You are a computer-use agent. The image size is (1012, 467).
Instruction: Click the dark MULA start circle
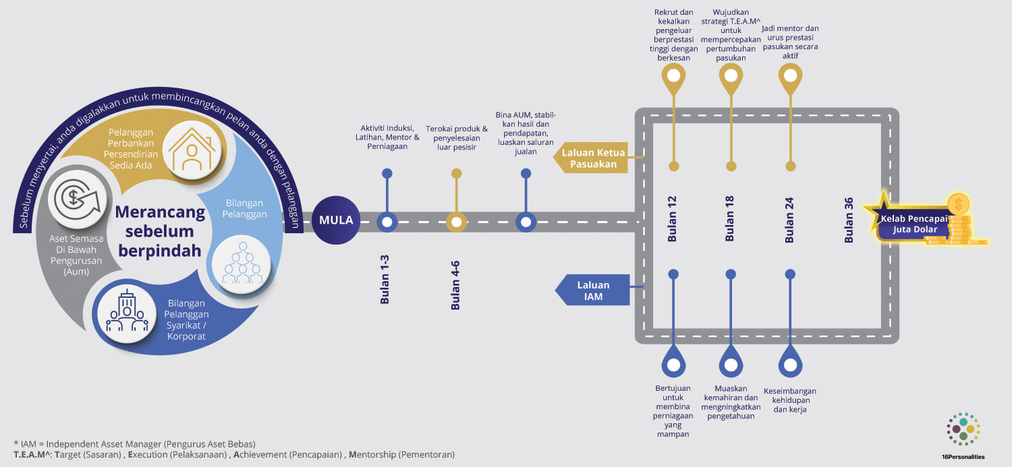coord(336,220)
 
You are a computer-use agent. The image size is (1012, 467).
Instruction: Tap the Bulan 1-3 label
coord(385,279)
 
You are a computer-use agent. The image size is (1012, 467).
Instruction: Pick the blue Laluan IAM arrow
coord(593,290)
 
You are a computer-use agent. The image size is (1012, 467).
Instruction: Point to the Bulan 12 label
coord(672,218)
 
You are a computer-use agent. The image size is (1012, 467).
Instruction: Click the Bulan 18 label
coord(729,218)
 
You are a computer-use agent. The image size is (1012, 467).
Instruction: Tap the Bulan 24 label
coord(789,218)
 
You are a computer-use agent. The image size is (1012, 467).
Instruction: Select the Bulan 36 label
coord(849,220)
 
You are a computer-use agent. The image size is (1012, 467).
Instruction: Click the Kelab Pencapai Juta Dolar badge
coord(912,224)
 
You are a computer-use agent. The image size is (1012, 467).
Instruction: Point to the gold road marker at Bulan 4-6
coord(456,221)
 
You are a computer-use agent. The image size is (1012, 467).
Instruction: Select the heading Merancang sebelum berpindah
coord(160,231)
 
